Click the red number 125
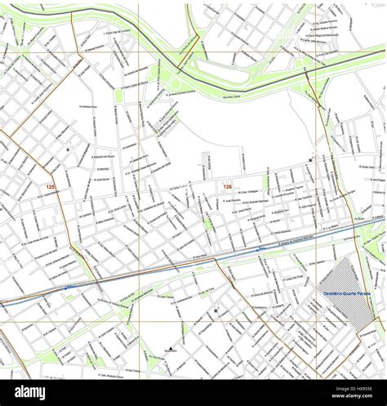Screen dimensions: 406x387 (x=51, y=188)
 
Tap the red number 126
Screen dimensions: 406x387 (x=227, y=187)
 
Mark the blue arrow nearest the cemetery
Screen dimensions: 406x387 (x=261, y=248)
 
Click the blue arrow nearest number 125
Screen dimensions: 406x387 (x=67, y=288)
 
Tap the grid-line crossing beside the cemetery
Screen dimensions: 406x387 (x=317, y=321)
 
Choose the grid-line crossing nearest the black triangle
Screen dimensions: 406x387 (x=138, y=321)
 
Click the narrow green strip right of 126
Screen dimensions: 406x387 (x=265, y=183)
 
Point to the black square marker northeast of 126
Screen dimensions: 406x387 (x=310, y=160)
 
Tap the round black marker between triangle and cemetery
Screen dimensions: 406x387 (x=216, y=310)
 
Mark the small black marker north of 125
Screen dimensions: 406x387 (x=68, y=149)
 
